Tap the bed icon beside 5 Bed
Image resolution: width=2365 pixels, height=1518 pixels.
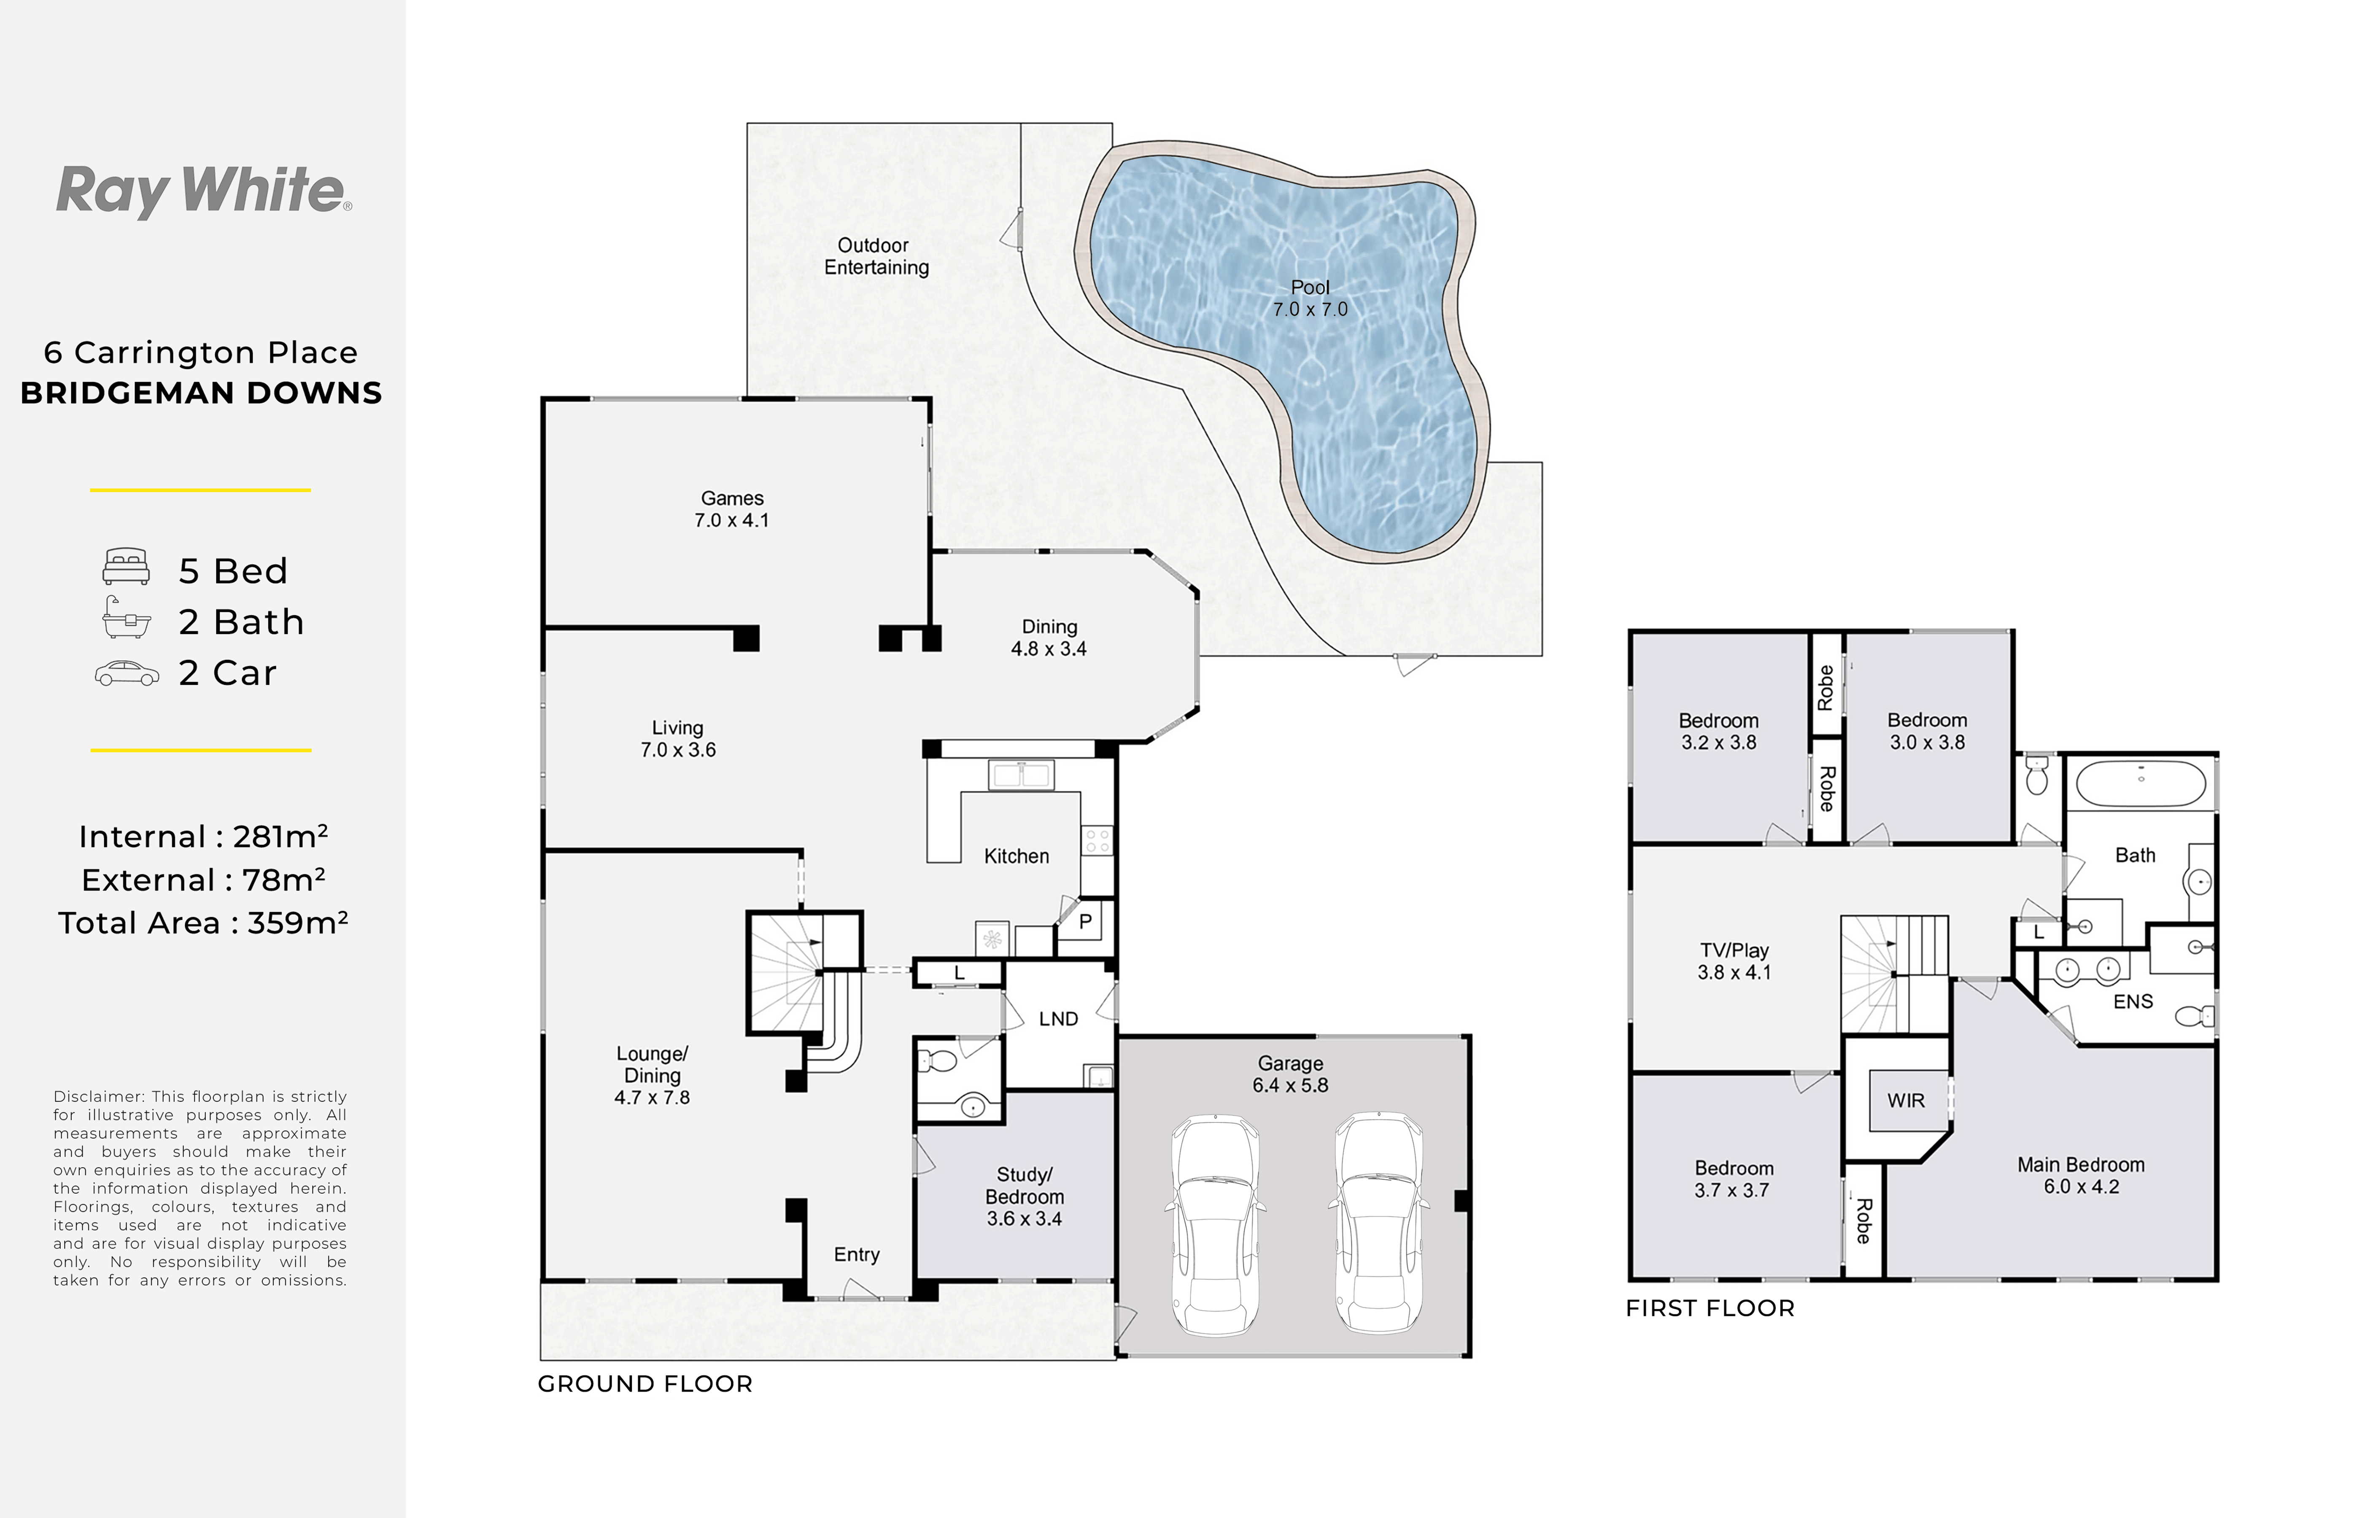pyautogui.click(x=126, y=567)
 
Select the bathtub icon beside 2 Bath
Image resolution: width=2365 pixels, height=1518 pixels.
pyautogui.click(x=126, y=618)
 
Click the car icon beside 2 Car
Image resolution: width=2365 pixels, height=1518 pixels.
pyautogui.click(x=126, y=673)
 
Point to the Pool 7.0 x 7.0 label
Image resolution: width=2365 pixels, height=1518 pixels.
pyautogui.click(x=1309, y=298)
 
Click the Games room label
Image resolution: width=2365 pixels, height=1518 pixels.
pyautogui.click(x=731, y=509)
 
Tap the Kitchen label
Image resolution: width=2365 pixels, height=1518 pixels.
pyautogui.click(x=1017, y=856)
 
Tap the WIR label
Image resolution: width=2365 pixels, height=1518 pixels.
pyautogui.click(x=1906, y=1100)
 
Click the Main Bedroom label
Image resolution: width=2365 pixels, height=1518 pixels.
pyautogui.click(x=2080, y=1175)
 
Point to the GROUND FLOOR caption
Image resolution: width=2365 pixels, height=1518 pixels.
pyautogui.click(x=645, y=1384)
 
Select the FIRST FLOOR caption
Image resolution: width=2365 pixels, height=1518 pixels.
pyautogui.click(x=1710, y=1308)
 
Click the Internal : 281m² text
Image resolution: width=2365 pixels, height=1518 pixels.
pyautogui.click(x=203, y=836)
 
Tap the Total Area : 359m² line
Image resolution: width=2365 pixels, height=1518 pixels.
pyautogui.click(x=203, y=923)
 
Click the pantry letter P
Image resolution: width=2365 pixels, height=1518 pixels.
pyautogui.click(x=1085, y=922)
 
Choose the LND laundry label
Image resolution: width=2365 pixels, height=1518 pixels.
pyautogui.click(x=1059, y=1018)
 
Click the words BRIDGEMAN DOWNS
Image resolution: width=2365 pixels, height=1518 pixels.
pyautogui.click(x=201, y=393)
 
